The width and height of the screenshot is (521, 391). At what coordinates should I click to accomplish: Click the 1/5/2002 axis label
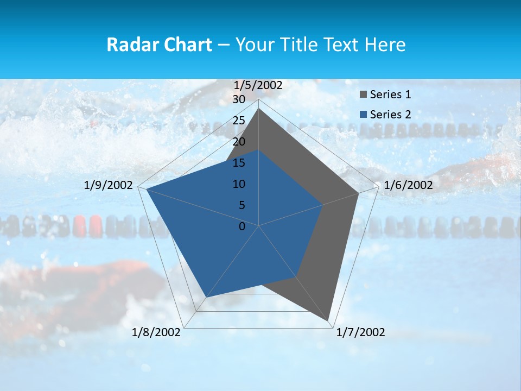coord(258,85)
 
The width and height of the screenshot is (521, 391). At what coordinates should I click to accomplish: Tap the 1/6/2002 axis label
coord(408,185)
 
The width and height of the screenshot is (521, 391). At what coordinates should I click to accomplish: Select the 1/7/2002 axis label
coord(360,332)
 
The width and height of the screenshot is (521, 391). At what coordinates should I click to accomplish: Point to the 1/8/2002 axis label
coord(156,332)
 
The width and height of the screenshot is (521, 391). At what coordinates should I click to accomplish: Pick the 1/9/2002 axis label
coord(109,185)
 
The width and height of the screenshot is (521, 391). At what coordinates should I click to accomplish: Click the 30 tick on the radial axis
coord(239,99)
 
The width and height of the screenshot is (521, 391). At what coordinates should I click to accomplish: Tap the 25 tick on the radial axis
coord(239,121)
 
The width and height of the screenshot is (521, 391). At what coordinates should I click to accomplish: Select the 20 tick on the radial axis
coord(239,142)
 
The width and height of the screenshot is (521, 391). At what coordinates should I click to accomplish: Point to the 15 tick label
coord(239,163)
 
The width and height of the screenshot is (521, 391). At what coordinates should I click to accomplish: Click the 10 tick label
coord(239,184)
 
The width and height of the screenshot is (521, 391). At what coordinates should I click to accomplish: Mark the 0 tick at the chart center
coord(242,226)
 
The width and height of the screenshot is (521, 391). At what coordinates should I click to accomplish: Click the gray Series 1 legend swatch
coord(363,95)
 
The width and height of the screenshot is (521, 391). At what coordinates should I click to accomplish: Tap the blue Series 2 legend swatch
coord(363,115)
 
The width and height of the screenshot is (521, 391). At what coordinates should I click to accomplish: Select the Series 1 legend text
coord(390,95)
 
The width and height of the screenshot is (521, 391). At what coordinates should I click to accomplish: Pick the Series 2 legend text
coord(390,115)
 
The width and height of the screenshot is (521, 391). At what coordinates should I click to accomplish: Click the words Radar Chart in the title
coord(159,45)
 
